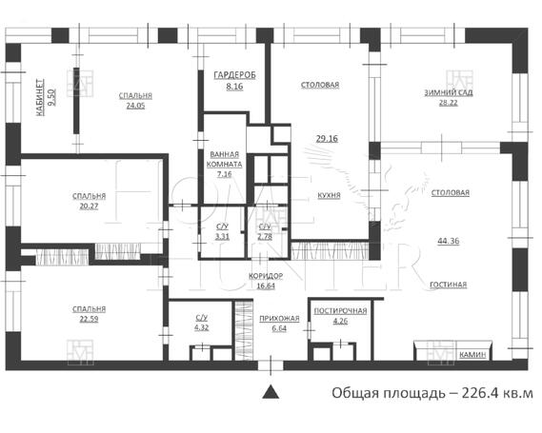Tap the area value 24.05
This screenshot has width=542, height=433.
click(x=135, y=106)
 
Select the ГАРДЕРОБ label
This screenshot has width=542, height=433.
click(x=234, y=75)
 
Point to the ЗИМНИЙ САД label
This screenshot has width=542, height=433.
click(x=449, y=92)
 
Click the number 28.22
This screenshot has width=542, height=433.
click(x=449, y=103)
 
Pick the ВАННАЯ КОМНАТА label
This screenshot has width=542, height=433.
click(x=225, y=159)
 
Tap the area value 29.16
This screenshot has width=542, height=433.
click(x=327, y=139)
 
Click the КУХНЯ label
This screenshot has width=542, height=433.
click(x=329, y=195)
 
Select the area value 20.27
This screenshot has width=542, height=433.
click(x=89, y=207)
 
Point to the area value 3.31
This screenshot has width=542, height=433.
click(x=222, y=237)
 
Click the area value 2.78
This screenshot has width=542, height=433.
click(x=265, y=237)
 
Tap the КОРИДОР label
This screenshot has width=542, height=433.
click(x=266, y=276)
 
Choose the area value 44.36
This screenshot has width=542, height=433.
click(x=449, y=241)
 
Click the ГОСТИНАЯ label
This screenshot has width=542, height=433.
click(x=449, y=285)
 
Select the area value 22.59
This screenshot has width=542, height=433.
click(x=89, y=319)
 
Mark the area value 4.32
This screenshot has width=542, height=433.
click(x=202, y=327)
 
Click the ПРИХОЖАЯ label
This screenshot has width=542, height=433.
click(x=279, y=319)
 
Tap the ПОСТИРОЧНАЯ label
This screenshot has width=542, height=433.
click(x=340, y=311)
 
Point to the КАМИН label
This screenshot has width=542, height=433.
click(x=472, y=355)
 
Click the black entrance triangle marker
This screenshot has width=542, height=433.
click(x=271, y=393)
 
